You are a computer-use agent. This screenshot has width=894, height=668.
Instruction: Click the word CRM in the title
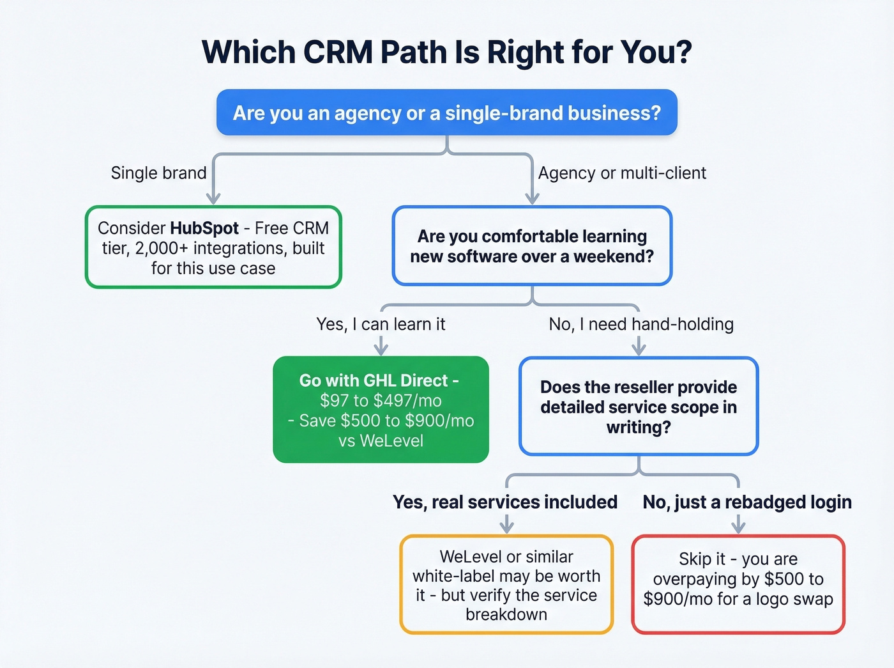pyautogui.click(x=338, y=52)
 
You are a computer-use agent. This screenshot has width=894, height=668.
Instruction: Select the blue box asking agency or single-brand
pyautogui.click(x=446, y=113)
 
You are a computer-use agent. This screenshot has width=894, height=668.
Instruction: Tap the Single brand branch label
pyautogui.click(x=158, y=173)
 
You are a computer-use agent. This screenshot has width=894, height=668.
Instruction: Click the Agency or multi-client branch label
pyautogui.click(x=622, y=173)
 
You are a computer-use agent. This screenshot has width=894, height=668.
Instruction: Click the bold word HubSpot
pyautogui.click(x=204, y=228)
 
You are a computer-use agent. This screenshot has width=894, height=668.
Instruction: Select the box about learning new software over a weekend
pyautogui.click(x=532, y=246)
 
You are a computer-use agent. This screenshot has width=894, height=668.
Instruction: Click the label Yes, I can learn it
pyautogui.click(x=381, y=324)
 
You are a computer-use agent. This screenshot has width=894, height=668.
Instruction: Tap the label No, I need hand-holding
pyautogui.click(x=641, y=324)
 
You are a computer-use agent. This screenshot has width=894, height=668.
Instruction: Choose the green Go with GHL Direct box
pyautogui.click(x=381, y=409)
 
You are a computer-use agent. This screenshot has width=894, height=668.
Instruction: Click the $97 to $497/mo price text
pyautogui.click(x=381, y=401)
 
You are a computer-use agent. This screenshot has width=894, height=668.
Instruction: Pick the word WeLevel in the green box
pyautogui.click(x=391, y=441)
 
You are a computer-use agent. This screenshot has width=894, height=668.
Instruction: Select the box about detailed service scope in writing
pyautogui.click(x=639, y=407)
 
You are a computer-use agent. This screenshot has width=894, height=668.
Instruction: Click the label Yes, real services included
pyautogui.click(x=505, y=502)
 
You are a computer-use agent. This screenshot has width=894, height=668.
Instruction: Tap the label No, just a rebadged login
pyautogui.click(x=747, y=502)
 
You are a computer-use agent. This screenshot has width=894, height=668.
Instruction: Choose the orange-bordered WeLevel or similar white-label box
pyautogui.click(x=506, y=585)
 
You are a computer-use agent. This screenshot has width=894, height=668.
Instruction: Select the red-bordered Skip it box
pyautogui.click(x=738, y=585)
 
